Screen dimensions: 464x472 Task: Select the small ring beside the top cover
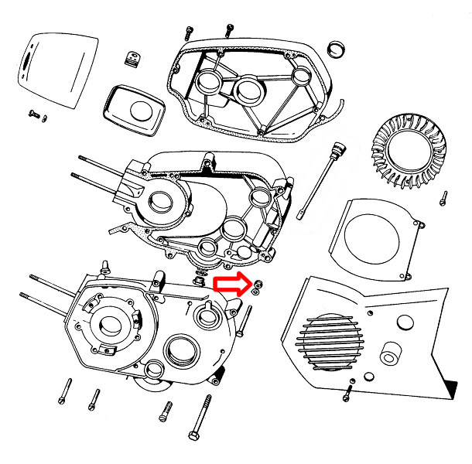coord(337,47)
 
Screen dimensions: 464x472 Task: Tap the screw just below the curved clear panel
coord(35,114)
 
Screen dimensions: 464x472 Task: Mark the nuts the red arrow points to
coord(256,288)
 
